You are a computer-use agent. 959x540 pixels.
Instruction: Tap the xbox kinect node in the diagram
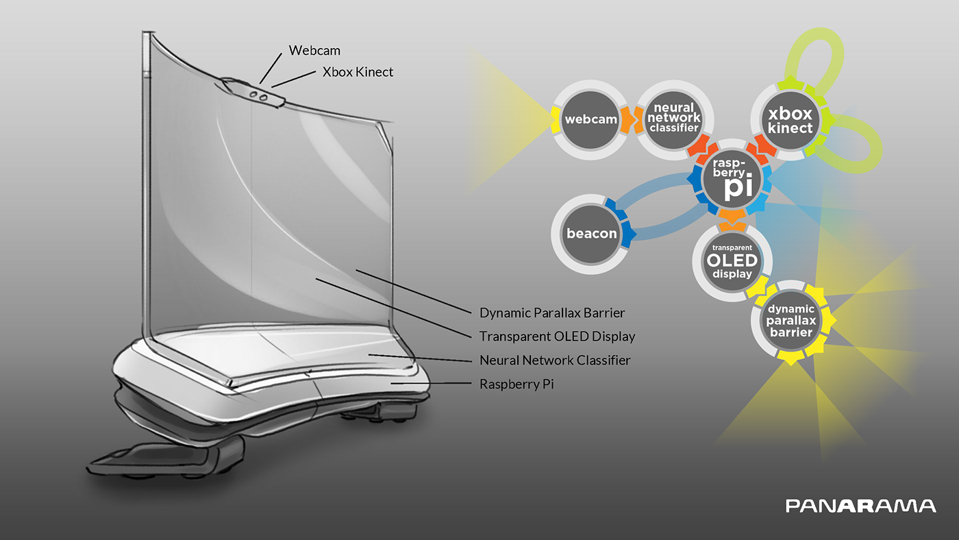(x=790, y=121)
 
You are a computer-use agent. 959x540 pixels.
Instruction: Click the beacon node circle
(x=591, y=233)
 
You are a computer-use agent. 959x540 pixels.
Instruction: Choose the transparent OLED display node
(x=732, y=260)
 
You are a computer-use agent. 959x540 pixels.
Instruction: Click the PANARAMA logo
(x=860, y=506)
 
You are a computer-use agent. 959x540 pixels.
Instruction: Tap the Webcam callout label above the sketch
(x=314, y=50)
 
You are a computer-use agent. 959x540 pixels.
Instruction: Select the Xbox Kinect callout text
(x=358, y=71)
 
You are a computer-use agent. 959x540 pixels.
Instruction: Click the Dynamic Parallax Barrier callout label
(x=552, y=313)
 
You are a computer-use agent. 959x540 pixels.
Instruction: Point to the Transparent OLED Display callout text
(x=557, y=336)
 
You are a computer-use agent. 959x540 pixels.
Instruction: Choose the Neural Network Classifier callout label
(x=555, y=360)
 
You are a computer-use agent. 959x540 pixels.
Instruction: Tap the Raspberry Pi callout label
(x=516, y=384)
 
